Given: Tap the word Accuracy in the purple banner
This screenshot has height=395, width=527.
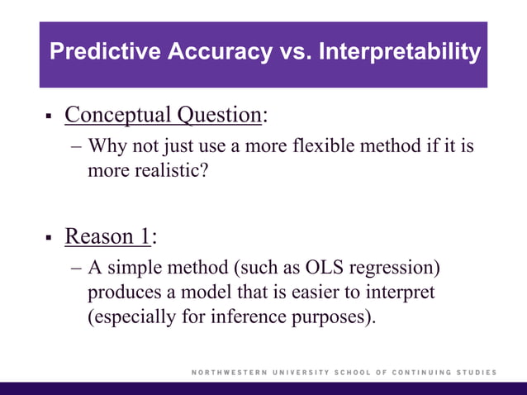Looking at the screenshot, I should tap(219, 53).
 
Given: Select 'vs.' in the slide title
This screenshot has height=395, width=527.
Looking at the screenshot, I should tap(294, 53).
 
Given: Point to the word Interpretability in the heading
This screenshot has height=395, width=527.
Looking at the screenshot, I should tap(399, 53).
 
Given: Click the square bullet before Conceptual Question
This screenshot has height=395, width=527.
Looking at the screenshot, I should tap(48, 116).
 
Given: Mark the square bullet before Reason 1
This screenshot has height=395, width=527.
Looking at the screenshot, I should tap(48, 238).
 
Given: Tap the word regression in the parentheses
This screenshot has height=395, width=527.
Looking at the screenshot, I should tap(392, 269).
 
